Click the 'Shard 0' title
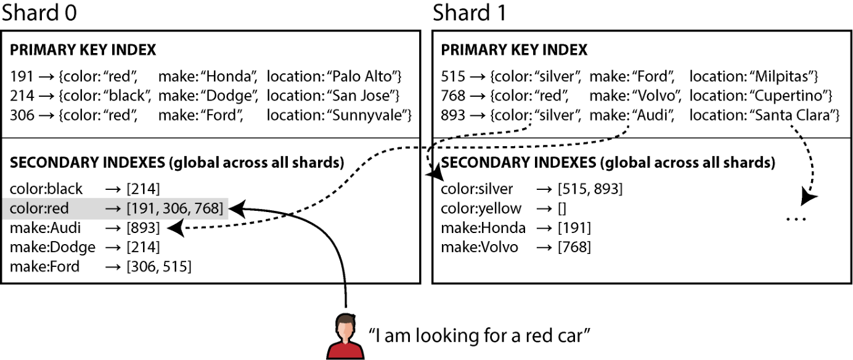39,12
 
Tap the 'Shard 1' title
470,12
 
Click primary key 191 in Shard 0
22,76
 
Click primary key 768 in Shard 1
453,96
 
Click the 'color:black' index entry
46,189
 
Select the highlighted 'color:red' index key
39,208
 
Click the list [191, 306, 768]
175,208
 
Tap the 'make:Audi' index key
46,228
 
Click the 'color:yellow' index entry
481,209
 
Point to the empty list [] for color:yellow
562,209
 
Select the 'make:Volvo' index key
480,247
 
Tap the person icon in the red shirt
345,337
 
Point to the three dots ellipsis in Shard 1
796,219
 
